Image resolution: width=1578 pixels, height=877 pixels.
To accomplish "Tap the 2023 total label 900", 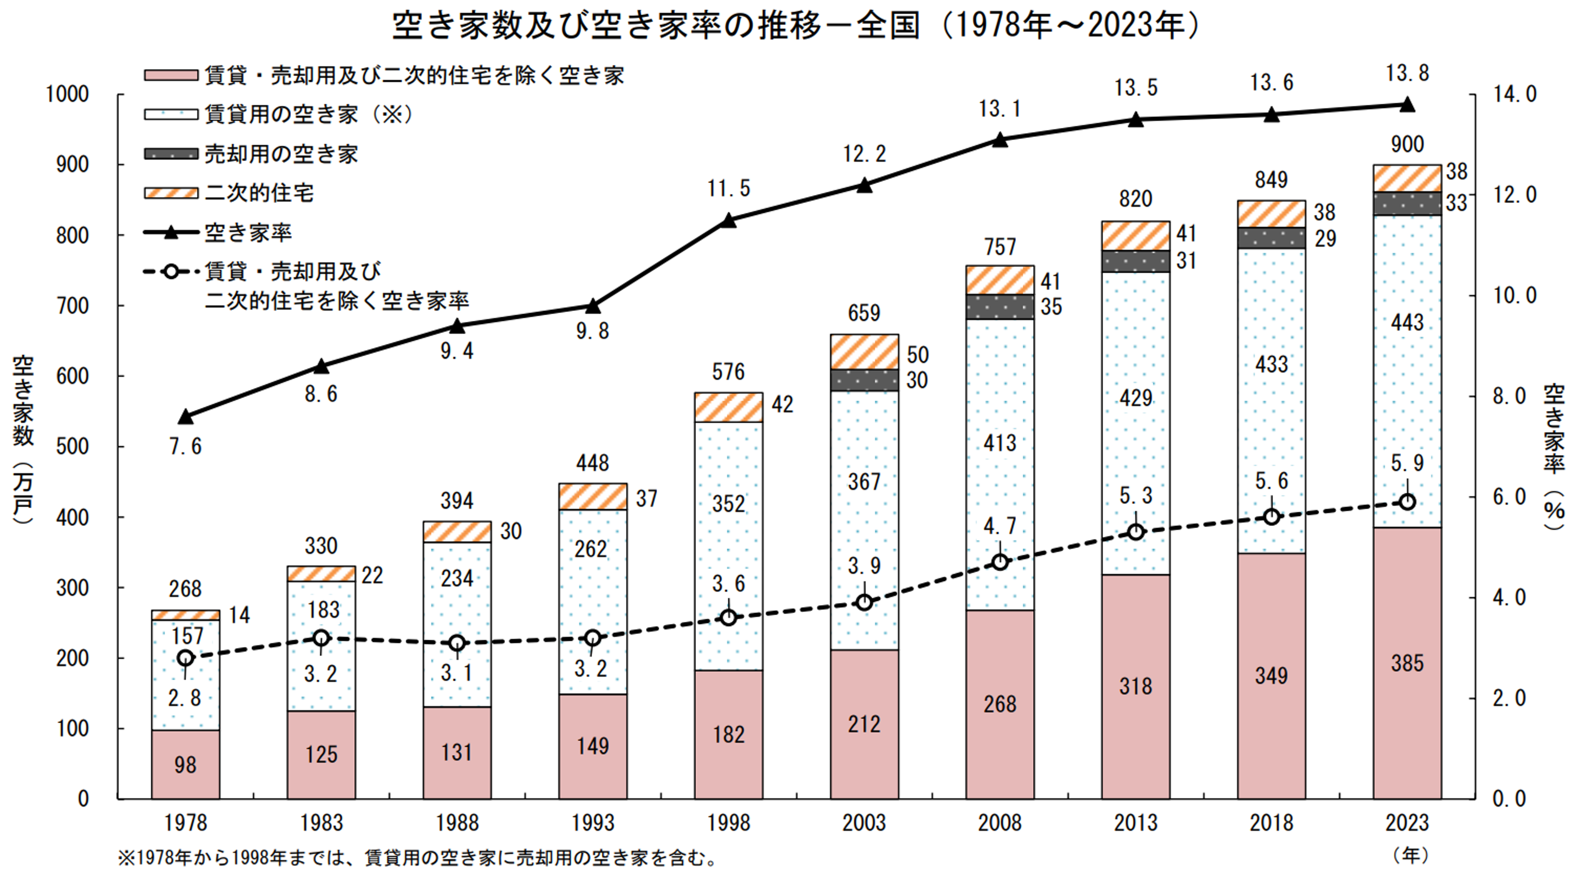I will tap(1407, 145).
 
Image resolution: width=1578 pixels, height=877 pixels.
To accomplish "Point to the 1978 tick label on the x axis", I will tap(186, 823).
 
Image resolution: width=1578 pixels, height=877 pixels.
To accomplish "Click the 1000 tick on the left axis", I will tap(67, 94).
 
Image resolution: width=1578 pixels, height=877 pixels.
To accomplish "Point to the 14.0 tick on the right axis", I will tap(1514, 94).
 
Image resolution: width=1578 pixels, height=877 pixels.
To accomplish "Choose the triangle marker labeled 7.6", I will tap(186, 417).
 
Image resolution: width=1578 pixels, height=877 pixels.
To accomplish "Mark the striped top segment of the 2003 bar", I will tap(864, 351).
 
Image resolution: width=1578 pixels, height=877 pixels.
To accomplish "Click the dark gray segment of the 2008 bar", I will tap(1000, 307).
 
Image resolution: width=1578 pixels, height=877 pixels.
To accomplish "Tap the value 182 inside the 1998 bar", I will tap(728, 734).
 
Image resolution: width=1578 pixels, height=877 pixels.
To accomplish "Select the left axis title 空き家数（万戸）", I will tap(23, 438).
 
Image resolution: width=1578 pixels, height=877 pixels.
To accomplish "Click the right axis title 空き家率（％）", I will tap(1554, 456).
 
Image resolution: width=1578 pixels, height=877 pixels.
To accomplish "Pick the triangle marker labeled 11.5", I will tap(728, 221).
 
